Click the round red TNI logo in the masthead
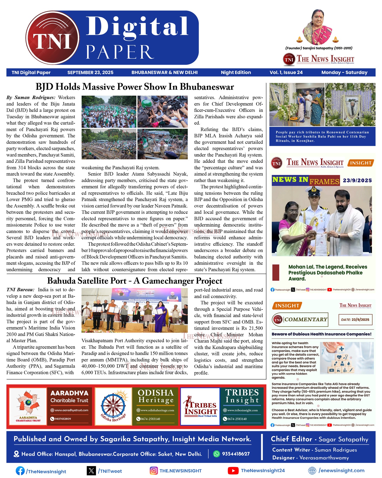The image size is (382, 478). (x=52, y=37)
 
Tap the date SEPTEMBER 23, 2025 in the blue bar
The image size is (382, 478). (x=90, y=72)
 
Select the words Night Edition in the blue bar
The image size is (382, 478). (x=236, y=72)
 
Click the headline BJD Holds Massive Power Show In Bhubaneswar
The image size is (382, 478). (x=135, y=87)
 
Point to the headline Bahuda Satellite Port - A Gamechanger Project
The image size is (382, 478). (x=135, y=281)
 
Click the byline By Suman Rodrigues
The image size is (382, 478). (x=31, y=97)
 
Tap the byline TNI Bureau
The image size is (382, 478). (x=20, y=290)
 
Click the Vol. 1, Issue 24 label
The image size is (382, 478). (x=286, y=72)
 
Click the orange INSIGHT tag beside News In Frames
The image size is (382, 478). (x=361, y=163)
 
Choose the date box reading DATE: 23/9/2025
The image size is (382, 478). (x=355, y=319)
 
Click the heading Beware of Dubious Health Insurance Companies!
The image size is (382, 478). (x=321, y=334)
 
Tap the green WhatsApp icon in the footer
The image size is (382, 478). (x=216, y=454)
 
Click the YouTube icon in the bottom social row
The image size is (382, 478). (x=233, y=471)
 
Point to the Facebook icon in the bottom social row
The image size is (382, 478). (x=20, y=471)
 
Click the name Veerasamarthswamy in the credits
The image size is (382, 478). (x=324, y=458)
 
